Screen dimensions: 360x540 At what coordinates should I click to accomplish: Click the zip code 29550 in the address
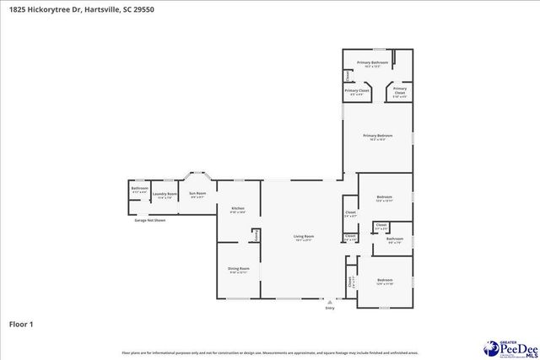143,8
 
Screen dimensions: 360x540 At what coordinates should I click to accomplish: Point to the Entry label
330,309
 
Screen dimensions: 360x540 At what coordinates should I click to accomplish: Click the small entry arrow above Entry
330,302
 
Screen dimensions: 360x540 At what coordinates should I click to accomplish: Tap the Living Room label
304,236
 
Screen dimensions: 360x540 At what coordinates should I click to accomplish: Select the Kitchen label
238,208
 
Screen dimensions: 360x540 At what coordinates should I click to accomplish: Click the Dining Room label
238,268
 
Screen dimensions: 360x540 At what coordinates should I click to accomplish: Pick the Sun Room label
197,193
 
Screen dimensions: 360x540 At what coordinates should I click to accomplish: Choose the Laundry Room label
165,194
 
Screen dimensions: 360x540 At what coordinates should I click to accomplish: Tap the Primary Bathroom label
372,62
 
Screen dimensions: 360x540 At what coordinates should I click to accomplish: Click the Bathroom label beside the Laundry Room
139,188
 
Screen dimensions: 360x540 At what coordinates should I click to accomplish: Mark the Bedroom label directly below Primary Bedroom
385,196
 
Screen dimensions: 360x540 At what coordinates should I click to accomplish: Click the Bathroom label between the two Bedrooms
395,239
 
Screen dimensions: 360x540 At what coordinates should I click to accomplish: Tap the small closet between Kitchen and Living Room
256,237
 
